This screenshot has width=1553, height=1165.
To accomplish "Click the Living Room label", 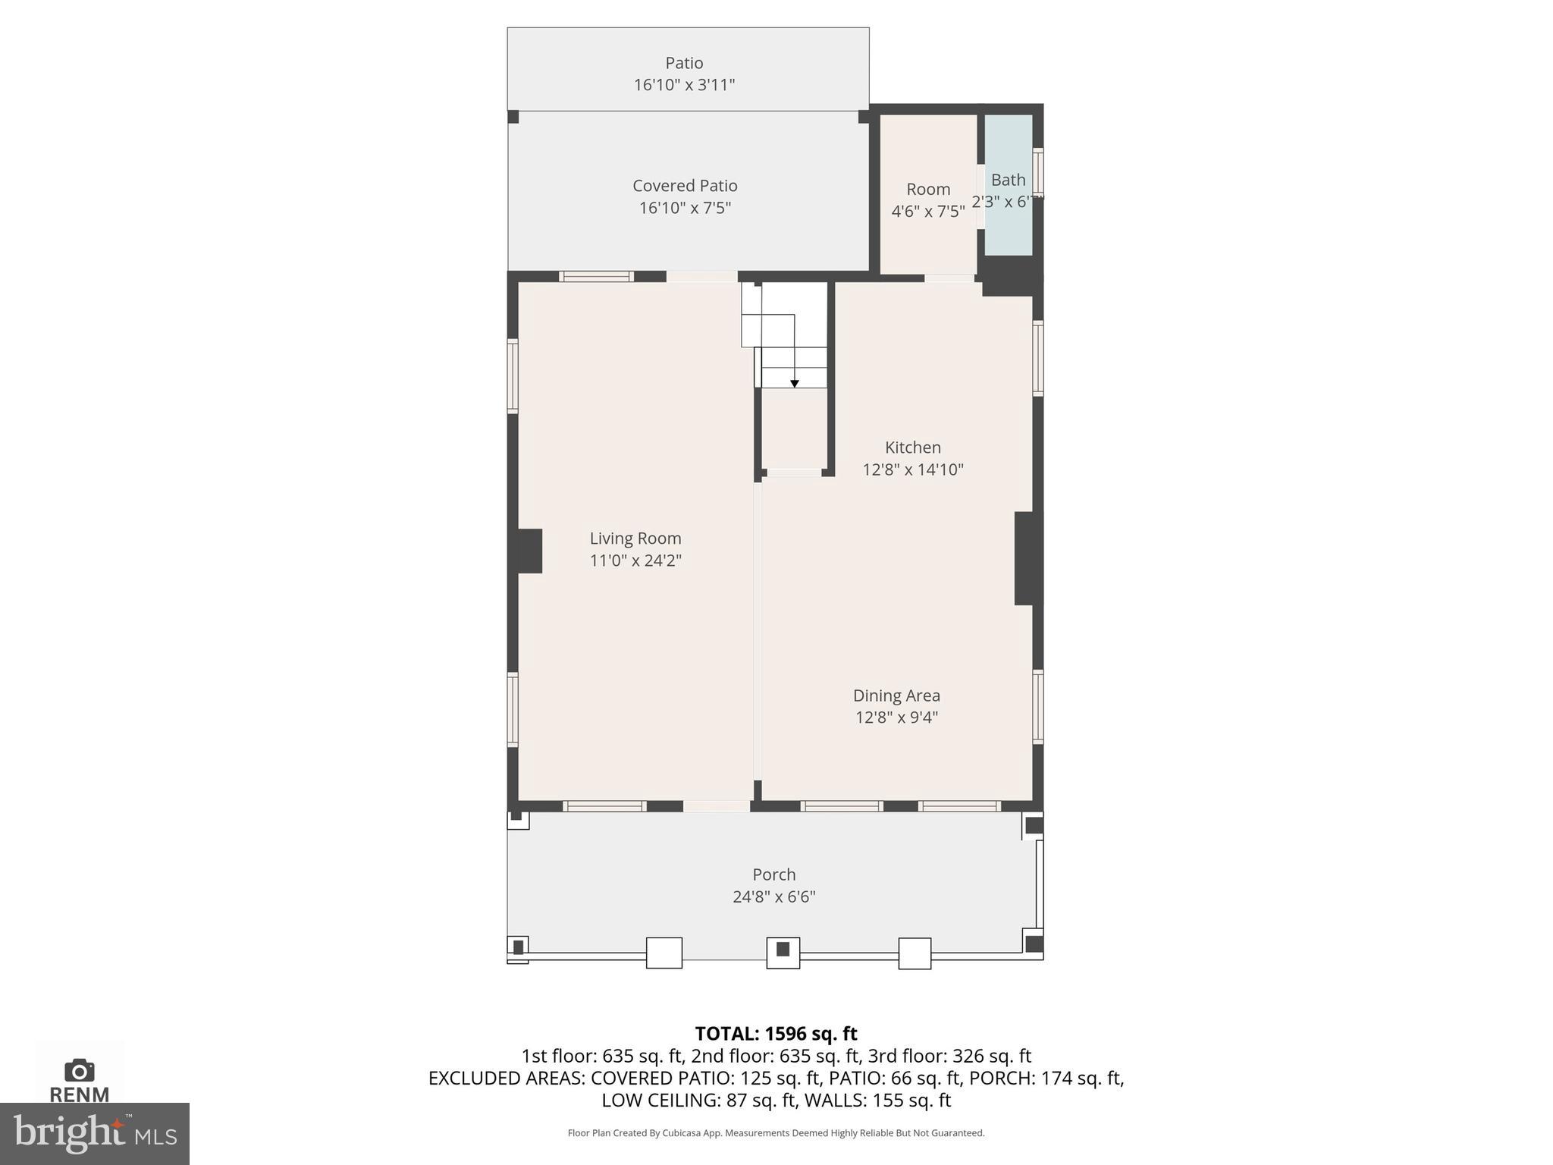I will click(x=635, y=539).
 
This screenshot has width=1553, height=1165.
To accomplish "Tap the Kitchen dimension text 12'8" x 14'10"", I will click(x=912, y=469).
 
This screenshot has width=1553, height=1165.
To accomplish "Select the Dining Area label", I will click(x=896, y=696).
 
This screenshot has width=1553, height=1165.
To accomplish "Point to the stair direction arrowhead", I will click(x=794, y=384).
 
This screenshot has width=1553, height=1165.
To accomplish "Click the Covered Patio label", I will click(x=685, y=186).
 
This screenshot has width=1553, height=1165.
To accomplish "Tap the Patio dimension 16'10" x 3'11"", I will click(x=684, y=85).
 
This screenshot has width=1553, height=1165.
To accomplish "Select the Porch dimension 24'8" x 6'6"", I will click(x=773, y=897).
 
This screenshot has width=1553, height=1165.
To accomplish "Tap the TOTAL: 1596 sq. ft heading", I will click(x=776, y=1034).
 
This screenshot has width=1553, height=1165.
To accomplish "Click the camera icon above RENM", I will click(x=79, y=1070).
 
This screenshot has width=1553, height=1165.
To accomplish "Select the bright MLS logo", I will click(x=94, y=1133).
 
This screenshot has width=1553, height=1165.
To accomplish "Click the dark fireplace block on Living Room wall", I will click(x=529, y=551).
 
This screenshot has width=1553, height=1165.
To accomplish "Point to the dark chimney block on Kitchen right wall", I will click(x=1024, y=558).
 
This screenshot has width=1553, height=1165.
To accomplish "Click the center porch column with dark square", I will click(x=783, y=950).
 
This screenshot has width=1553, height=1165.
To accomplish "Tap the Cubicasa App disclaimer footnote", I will click(x=776, y=1133).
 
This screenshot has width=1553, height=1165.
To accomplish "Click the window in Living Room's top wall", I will click(x=596, y=277).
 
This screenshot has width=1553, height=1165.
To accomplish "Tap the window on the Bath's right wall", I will click(x=1038, y=171).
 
